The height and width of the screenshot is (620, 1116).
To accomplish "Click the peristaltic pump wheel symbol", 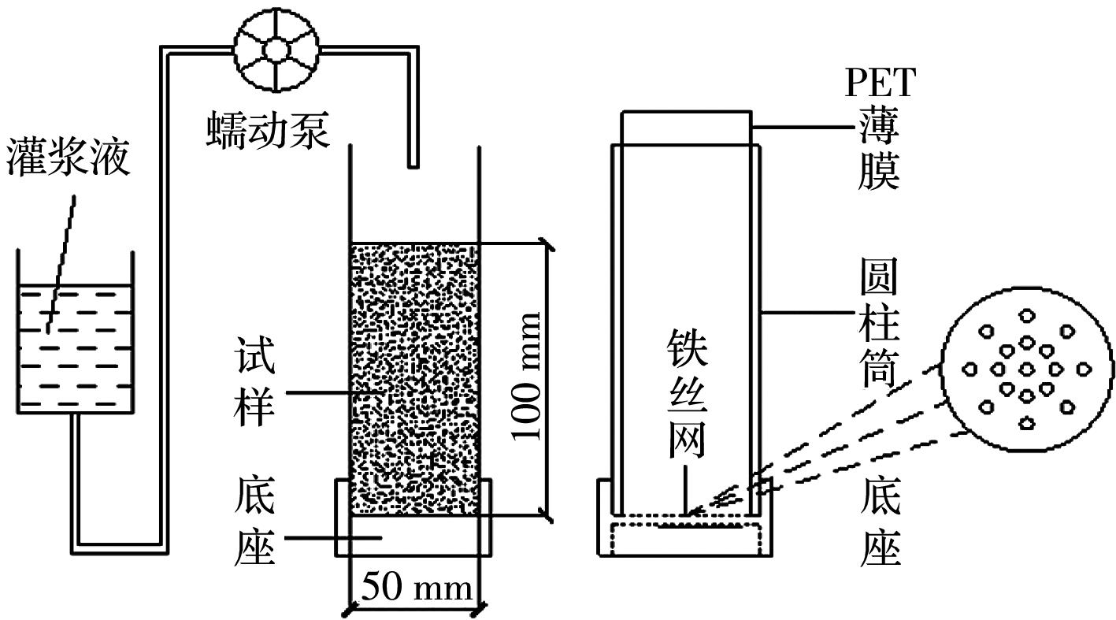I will (276, 49).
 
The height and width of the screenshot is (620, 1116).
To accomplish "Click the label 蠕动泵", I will (268, 130).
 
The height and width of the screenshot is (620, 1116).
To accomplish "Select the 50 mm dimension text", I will (417, 588).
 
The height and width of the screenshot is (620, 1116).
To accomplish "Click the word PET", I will (881, 83).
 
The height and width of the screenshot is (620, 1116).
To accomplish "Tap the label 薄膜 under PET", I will (879, 150).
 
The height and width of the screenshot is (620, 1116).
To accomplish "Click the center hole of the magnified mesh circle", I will (1026, 369).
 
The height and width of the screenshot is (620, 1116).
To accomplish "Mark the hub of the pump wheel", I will (276, 49).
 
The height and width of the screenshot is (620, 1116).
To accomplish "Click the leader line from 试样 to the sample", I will (331, 392).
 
